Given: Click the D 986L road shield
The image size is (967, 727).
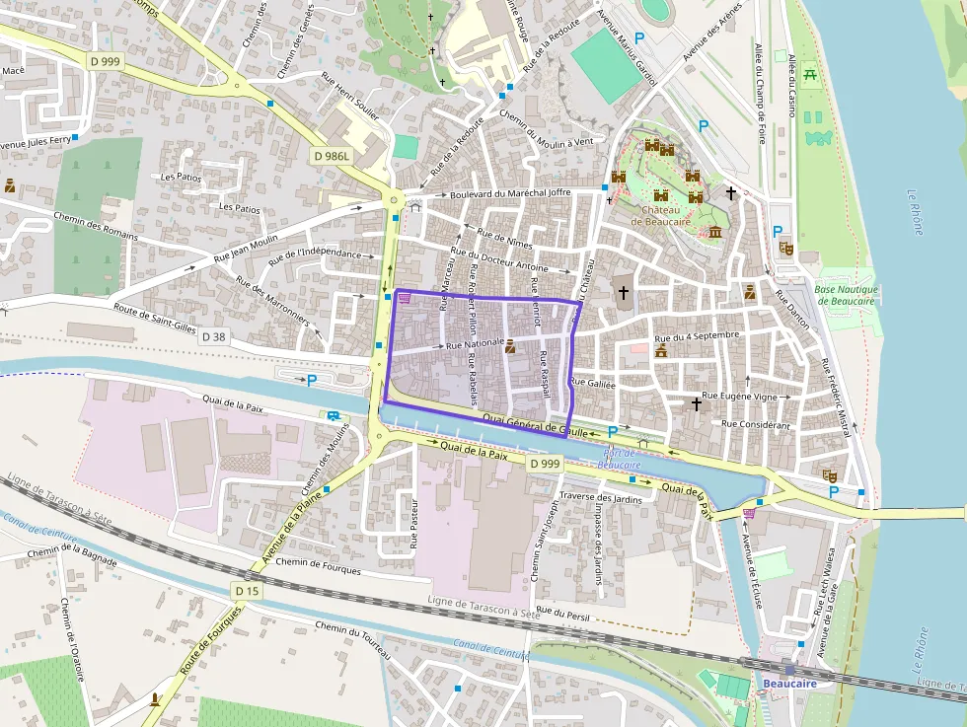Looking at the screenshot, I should pos(332,156).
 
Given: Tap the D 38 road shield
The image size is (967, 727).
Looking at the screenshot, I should pos(213,336).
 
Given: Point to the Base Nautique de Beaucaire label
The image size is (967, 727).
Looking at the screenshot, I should pos(846,295).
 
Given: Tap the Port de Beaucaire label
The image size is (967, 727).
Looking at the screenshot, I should pos(619,459).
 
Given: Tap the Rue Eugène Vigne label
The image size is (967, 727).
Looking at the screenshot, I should pos(743,396).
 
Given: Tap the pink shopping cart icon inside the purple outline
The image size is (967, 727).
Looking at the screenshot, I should pos(405,298).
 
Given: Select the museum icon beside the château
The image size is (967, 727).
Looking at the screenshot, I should pos(714,231).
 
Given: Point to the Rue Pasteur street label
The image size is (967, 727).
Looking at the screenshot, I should pos(414,523).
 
